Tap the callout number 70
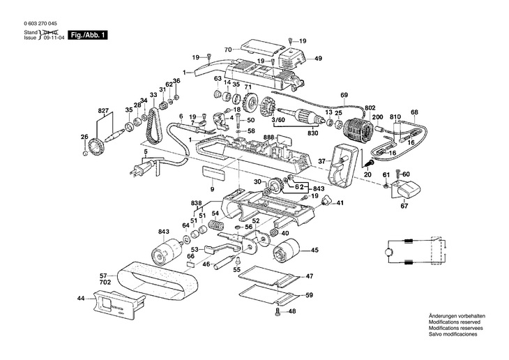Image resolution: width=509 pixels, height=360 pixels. click(x=227, y=50)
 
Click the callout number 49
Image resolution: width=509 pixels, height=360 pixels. click(x=318, y=59)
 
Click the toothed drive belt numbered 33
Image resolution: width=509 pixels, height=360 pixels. click(x=154, y=123)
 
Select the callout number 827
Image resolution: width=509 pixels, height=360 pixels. click(x=103, y=111)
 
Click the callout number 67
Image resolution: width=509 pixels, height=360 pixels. click(x=404, y=206)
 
